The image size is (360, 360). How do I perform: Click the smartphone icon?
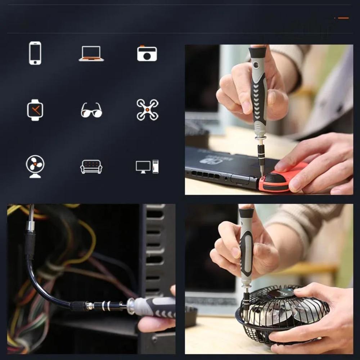click(35, 53)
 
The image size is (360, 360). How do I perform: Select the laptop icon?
click(91, 54)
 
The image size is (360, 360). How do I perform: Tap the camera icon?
click(147, 53)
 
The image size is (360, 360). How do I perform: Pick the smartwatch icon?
click(35, 110)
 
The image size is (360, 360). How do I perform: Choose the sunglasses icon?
click(91, 110)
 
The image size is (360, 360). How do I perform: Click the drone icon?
click(147, 110)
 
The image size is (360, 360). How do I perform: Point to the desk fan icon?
click(35, 166)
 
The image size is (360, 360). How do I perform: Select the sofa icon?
click(91, 167)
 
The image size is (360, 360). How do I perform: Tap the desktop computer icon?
click(147, 167)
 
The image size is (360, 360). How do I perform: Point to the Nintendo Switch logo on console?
click(211, 160)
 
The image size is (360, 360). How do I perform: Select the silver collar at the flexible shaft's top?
click(30, 226)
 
